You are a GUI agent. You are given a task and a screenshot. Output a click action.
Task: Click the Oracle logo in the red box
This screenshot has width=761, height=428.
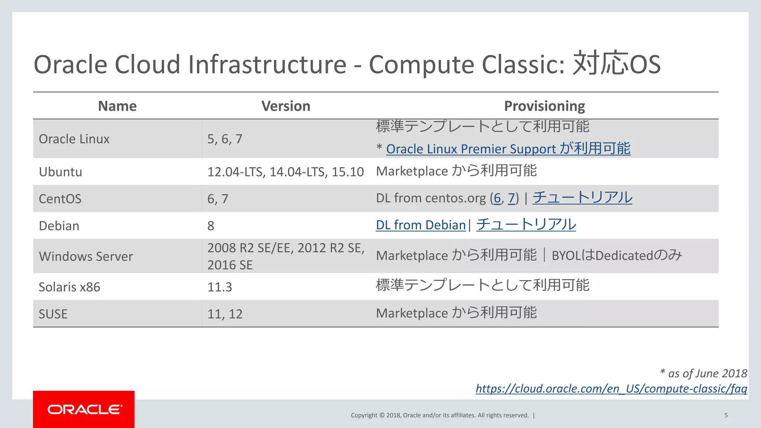(84, 409)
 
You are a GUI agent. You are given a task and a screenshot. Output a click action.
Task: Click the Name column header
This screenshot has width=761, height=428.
(117, 106)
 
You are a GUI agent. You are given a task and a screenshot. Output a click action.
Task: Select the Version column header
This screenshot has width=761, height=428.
(285, 106)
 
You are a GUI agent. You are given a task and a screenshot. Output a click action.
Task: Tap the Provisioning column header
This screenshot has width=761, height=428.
(544, 106)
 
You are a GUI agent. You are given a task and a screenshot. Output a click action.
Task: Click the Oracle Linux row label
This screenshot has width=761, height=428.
(74, 139)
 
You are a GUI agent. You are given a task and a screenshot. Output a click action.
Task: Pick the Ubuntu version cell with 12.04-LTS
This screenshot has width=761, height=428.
(285, 172)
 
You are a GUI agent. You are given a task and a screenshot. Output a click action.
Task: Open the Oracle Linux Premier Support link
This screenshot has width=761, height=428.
(508, 149)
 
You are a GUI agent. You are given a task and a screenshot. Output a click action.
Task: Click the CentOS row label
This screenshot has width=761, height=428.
(60, 199)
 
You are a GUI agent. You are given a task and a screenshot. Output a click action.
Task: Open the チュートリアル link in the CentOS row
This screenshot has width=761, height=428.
(582, 197)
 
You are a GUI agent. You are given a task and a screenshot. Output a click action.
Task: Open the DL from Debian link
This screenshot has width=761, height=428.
(420, 225)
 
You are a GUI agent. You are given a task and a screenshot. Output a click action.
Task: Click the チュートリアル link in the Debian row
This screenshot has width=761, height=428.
(526, 224)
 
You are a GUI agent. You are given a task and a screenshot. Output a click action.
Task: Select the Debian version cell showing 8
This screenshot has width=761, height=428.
(211, 226)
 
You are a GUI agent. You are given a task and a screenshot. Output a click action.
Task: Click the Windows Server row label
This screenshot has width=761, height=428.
(85, 256)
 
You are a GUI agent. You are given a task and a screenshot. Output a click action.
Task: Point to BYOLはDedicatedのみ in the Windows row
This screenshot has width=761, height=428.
(616, 256)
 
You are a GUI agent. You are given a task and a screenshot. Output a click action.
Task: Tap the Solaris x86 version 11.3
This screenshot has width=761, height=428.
(219, 287)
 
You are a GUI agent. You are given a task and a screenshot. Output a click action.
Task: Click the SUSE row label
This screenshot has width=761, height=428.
(53, 314)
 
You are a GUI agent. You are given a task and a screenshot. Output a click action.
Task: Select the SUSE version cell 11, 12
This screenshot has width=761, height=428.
(224, 314)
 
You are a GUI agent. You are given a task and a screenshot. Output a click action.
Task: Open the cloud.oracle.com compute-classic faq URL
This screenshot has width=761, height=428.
(611, 389)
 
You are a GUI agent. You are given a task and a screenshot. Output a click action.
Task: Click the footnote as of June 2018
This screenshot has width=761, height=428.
(703, 373)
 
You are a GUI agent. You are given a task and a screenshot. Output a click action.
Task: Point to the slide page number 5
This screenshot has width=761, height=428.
(726, 415)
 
